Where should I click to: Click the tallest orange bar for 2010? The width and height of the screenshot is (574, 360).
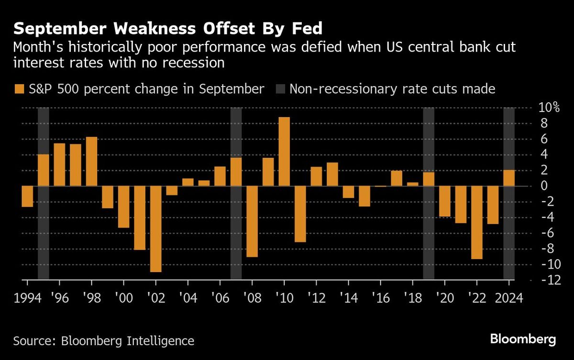coord(284,152)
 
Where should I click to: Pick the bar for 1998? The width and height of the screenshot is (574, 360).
coord(91,161)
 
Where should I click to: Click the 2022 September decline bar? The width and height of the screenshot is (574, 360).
coord(476,222)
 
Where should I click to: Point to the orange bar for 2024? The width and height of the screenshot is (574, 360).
coord(509,178)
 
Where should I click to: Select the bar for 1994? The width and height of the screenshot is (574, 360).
coord(27,196)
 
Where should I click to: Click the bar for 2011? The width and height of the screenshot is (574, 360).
coord(300,214)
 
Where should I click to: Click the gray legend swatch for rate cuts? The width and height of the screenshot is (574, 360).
coord(280,89)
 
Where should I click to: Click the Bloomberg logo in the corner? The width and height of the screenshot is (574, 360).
coord(523,340)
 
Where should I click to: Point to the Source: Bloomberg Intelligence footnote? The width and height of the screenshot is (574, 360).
coord(104,341)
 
